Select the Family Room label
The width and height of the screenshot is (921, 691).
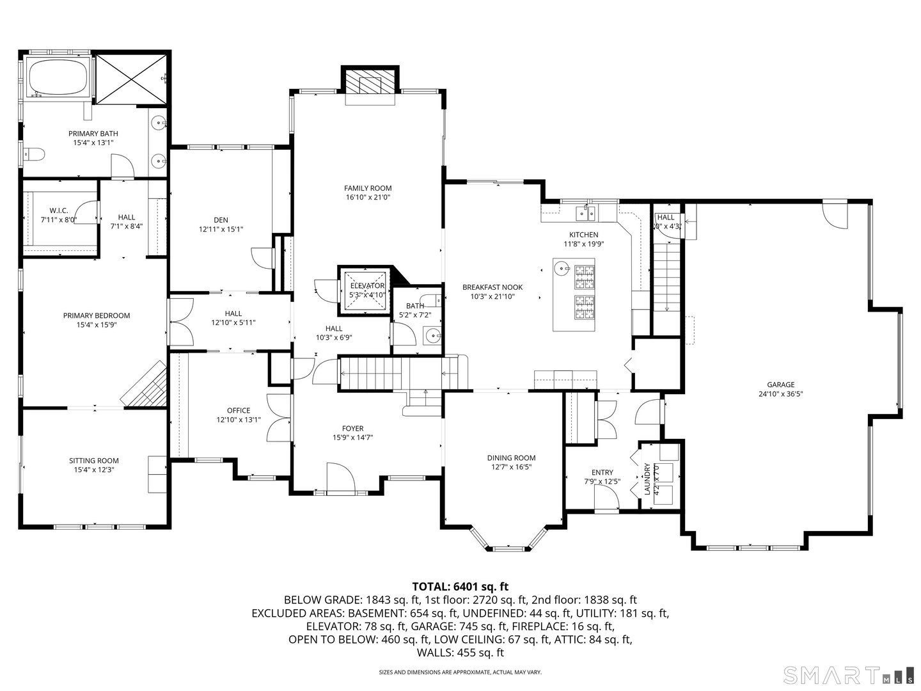click(x=367, y=188)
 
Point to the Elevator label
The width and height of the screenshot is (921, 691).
click(x=367, y=286)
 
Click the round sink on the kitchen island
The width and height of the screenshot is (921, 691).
click(x=561, y=268)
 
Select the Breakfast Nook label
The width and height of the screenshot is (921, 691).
click(x=492, y=287)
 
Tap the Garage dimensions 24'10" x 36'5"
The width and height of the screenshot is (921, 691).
click(x=781, y=394)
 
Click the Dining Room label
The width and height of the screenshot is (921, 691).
click(x=511, y=457)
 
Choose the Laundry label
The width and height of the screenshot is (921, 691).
click(x=647, y=479)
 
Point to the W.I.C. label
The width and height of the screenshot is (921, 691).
click(x=59, y=210)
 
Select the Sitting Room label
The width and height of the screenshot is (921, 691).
click(x=93, y=461)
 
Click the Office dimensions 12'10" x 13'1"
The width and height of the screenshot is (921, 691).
click(x=239, y=420)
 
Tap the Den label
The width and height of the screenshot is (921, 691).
click(x=221, y=219)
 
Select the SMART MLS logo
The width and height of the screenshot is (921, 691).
click(x=848, y=675)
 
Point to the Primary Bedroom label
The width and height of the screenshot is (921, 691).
click(x=96, y=315)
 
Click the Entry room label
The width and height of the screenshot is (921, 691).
click(x=602, y=472)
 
